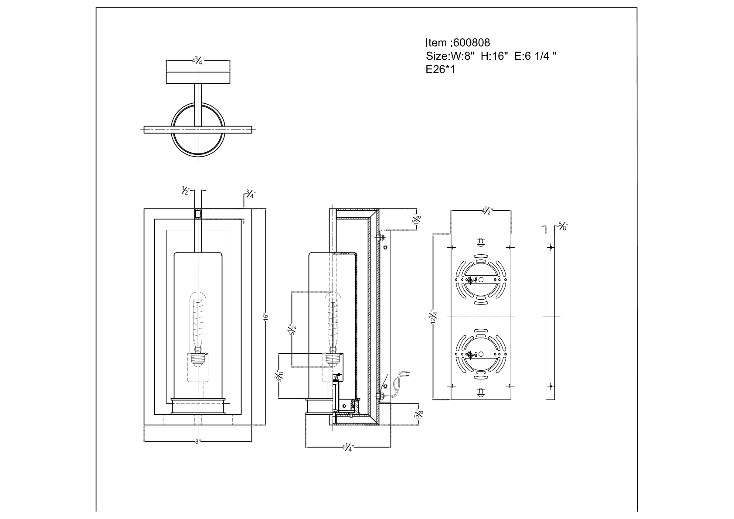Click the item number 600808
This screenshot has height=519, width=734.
click(x=472, y=43)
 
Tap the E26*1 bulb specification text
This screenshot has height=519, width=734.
click(x=440, y=69)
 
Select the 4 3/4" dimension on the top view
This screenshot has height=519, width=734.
click(x=198, y=60)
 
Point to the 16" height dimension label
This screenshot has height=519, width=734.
click(x=266, y=317)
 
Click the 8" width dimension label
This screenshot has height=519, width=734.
click(x=197, y=442)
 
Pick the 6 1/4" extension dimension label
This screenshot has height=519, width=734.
click(x=348, y=447)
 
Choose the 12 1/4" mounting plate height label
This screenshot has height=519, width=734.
click(x=434, y=317)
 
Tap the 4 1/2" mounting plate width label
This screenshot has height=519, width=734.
click(x=487, y=211)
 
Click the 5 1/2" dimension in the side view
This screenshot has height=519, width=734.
click(x=292, y=329)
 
